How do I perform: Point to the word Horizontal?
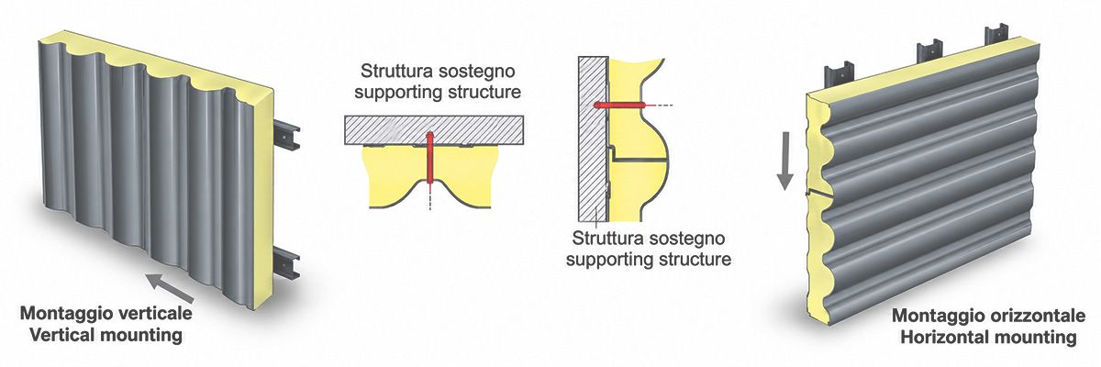(x=943, y=338)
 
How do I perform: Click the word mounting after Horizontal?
(x=1034, y=338)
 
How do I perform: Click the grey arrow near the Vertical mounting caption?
(x=171, y=288)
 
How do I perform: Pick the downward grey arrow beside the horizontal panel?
(x=785, y=161)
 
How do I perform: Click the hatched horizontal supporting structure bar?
(x=433, y=129)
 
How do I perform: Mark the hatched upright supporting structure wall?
(x=594, y=139)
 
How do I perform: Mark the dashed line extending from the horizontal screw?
(x=660, y=106)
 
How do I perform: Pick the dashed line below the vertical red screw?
(x=430, y=198)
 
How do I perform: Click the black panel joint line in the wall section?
(x=639, y=160)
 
